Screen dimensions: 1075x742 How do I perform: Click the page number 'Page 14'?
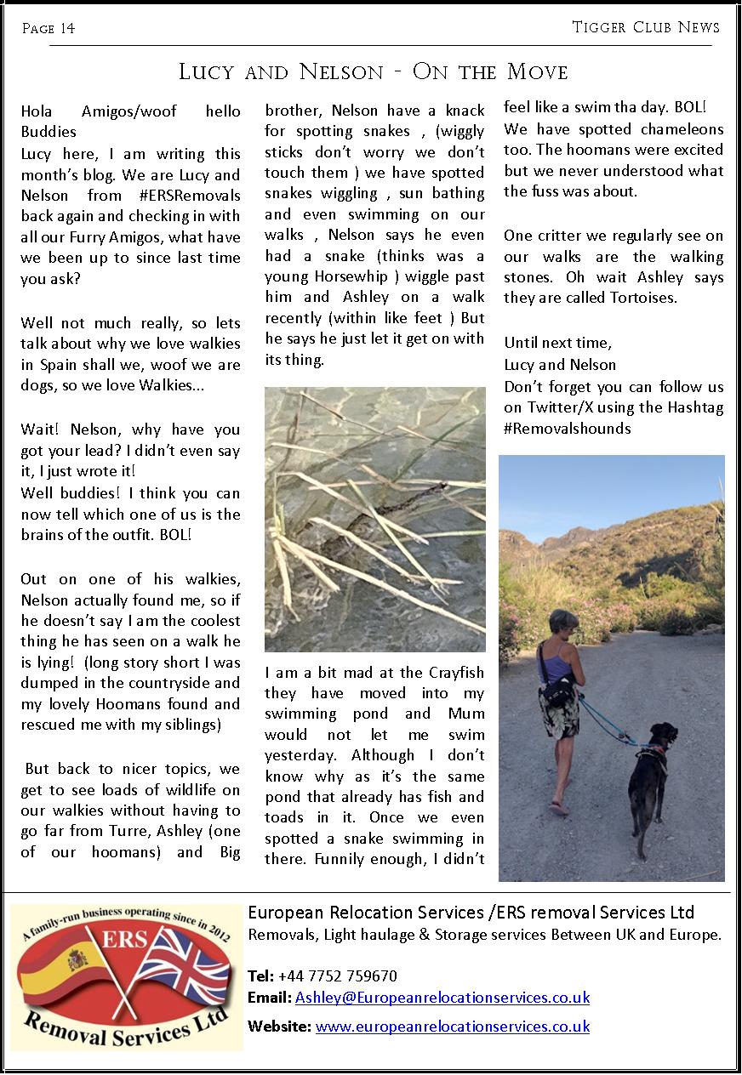tap(49, 29)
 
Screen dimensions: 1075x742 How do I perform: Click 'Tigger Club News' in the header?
tap(646, 27)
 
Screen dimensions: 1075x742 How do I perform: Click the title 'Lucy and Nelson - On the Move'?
tap(373, 71)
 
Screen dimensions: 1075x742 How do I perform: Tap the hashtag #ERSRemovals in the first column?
tap(185, 196)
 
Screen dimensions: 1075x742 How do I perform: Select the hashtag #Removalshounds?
tap(567, 428)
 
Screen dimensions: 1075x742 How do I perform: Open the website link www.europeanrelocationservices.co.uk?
tap(452, 1027)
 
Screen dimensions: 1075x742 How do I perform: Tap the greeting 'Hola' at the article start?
tap(37, 111)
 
